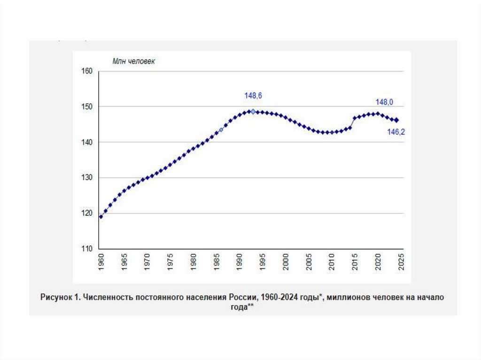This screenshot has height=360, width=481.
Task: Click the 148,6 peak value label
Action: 253,96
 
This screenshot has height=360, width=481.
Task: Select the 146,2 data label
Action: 396,132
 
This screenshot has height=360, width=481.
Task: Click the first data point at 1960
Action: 101,216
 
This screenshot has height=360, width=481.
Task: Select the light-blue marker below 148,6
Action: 253,112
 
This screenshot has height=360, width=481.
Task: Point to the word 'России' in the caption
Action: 242,298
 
